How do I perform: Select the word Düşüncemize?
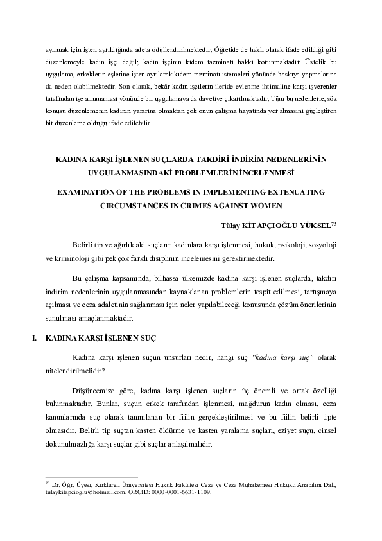[95, 391]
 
